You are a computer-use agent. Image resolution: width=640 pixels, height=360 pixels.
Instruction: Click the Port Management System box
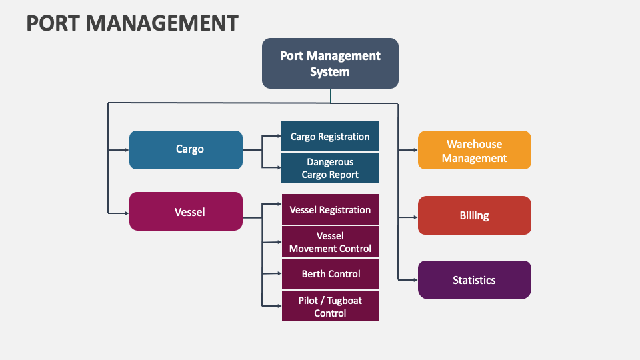(x=330, y=63)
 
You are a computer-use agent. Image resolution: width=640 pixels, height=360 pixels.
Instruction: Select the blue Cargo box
(x=186, y=149)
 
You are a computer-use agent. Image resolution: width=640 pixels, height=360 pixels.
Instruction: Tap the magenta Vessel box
(x=186, y=212)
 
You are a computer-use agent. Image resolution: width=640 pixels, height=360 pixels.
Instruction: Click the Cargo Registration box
(x=330, y=136)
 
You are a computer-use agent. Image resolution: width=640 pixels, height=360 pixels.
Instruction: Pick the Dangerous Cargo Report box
(x=330, y=168)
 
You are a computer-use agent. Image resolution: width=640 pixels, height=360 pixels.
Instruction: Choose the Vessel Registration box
(x=330, y=209)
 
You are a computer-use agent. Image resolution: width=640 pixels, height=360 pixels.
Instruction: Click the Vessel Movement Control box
(x=330, y=242)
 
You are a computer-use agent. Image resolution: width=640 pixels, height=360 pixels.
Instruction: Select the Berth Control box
(x=330, y=274)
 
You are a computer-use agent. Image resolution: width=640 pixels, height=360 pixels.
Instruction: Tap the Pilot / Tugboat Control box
(x=330, y=307)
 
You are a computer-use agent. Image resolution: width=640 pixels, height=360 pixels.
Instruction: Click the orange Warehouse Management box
(x=474, y=151)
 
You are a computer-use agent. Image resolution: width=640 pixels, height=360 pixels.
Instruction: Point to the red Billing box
(x=474, y=215)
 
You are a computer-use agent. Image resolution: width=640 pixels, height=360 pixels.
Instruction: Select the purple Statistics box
(x=474, y=280)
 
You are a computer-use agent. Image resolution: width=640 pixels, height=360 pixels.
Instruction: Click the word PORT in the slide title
(x=53, y=23)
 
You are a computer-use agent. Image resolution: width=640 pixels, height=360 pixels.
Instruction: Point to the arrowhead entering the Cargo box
(x=126, y=150)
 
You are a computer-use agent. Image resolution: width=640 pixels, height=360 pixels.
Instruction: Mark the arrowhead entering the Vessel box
(x=126, y=213)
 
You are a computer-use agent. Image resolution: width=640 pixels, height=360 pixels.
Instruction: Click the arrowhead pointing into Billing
(x=415, y=217)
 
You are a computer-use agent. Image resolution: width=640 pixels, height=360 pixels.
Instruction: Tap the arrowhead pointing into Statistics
(x=415, y=280)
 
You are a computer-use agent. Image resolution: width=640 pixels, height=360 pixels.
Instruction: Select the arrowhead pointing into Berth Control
(x=279, y=273)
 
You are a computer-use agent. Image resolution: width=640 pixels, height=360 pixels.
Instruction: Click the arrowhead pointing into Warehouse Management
(x=415, y=151)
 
